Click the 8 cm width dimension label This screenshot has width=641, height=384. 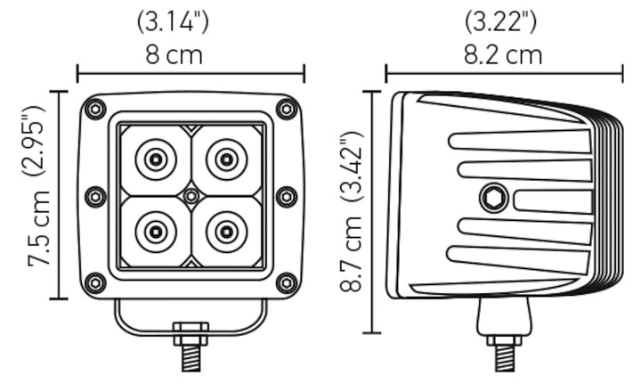click(x=174, y=55)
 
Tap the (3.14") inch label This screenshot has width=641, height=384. click(x=174, y=20)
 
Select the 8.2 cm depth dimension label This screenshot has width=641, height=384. click(x=503, y=55)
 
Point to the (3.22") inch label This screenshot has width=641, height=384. click(x=503, y=20)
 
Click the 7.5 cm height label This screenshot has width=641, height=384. click(x=37, y=235)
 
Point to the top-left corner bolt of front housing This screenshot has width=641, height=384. click(x=94, y=110)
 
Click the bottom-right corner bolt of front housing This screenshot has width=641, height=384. click(x=286, y=283)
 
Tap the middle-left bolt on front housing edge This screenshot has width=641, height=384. click(x=94, y=196)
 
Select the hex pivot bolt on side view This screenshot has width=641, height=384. click(x=494, y=198)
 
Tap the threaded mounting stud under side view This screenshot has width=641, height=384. click(x=504, y=356)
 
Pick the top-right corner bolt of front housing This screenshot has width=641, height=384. click(x=286, y=110)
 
